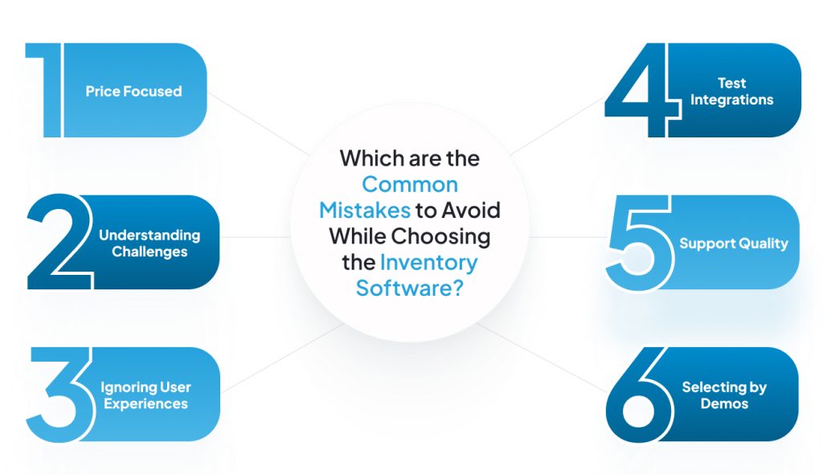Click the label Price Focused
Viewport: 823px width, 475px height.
coord(134,92)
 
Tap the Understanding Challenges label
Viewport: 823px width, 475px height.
coord(149,244)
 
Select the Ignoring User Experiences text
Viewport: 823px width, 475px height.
coord(146,395)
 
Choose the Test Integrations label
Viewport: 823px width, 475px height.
coord(731,92)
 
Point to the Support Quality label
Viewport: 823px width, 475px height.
coord(734,244)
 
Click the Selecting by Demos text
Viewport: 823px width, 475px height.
coord(724,395)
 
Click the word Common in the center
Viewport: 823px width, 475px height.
coord(410,185)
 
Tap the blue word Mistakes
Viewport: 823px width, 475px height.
coord(365,211)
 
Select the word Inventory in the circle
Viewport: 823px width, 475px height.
coord(429,263)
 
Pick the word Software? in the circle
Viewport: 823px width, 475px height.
coord(410,289)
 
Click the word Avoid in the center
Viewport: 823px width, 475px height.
coord(471,211)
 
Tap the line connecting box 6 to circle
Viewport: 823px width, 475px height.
coord(542,358)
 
